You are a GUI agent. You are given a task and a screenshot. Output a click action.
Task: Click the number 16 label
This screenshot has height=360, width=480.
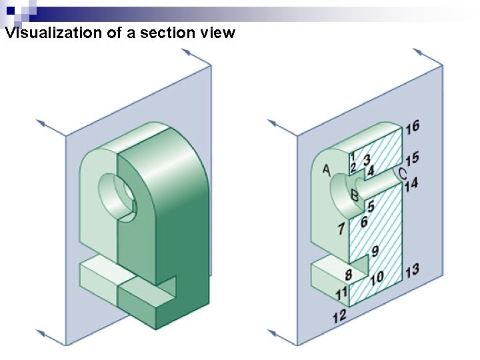click(x=412, y=126)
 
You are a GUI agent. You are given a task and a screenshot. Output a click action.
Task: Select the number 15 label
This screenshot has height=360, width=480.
click(x=412, y=158)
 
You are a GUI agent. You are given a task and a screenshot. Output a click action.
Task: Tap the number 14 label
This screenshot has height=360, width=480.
click(x=411, y=183)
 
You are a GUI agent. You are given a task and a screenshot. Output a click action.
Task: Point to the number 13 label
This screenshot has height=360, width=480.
click(x=412, y=270)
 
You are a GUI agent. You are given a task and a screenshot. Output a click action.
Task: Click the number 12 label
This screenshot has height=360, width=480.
click(x=340, y=315)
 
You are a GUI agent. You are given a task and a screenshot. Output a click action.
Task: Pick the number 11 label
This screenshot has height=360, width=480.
click(x=341, y=293)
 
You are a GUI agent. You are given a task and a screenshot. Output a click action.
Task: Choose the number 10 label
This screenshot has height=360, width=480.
click(x=377, y=276)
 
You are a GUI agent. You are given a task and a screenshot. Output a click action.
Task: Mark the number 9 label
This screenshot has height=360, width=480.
click(x=375, y=251)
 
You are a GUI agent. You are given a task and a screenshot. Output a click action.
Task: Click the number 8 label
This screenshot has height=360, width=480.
click(x=348, y=275)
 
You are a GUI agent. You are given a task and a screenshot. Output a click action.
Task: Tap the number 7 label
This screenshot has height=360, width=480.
click(x=341, y=229)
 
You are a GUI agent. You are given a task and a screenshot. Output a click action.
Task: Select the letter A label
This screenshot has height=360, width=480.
click(x=327, y=170)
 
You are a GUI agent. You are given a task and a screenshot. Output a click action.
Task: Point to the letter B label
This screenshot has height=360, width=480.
click(x=355, y=195)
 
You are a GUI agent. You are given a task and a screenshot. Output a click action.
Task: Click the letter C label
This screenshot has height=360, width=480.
click(x=402, y=173)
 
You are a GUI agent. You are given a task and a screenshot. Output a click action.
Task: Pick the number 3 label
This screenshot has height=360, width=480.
click(x=367, y=159)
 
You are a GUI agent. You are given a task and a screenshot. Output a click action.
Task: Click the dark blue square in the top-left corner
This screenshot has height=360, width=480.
click(x=10, y=9)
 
